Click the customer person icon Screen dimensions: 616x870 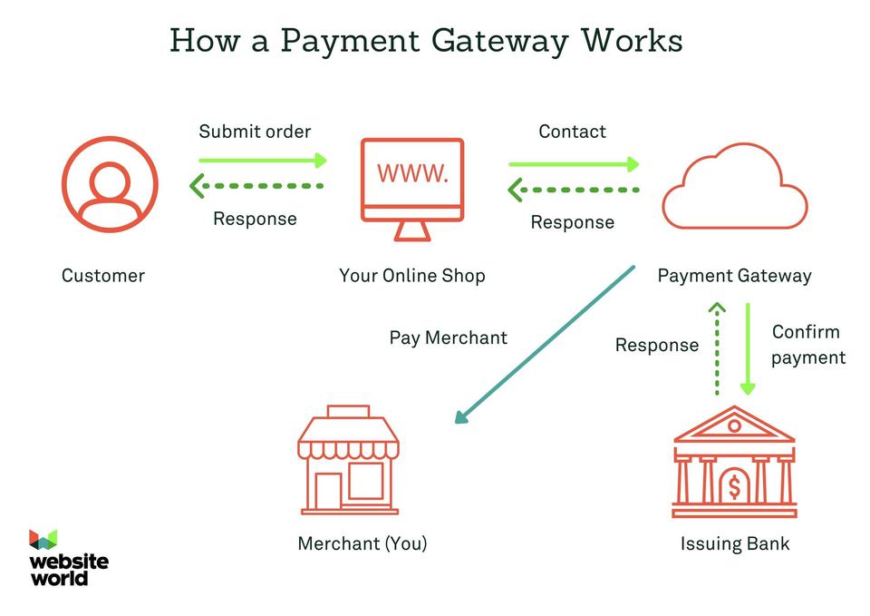tap(110, 184)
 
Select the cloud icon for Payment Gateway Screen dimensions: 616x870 tap(734, 187)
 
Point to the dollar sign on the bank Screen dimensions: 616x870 tap(734, 487)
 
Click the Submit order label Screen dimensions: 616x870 tap(255, 132)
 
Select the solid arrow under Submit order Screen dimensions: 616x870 tap(262, 161)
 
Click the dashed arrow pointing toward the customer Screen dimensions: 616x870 tap(256, 186)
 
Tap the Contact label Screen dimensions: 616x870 tap(572, 132)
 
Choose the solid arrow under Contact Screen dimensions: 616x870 tap(573, 164)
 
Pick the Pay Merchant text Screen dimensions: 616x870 tap(448, 337)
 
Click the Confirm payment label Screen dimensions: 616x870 tap(807, 345)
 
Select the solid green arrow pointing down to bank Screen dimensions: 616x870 tap(747, 348)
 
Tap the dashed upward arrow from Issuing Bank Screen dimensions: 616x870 tap(717, 348)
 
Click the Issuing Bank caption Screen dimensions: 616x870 tap(734, 544)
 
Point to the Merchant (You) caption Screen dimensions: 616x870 tap(362, 543)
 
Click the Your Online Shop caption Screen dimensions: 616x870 tap(411, 276)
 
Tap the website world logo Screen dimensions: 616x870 tap(67, 556)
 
